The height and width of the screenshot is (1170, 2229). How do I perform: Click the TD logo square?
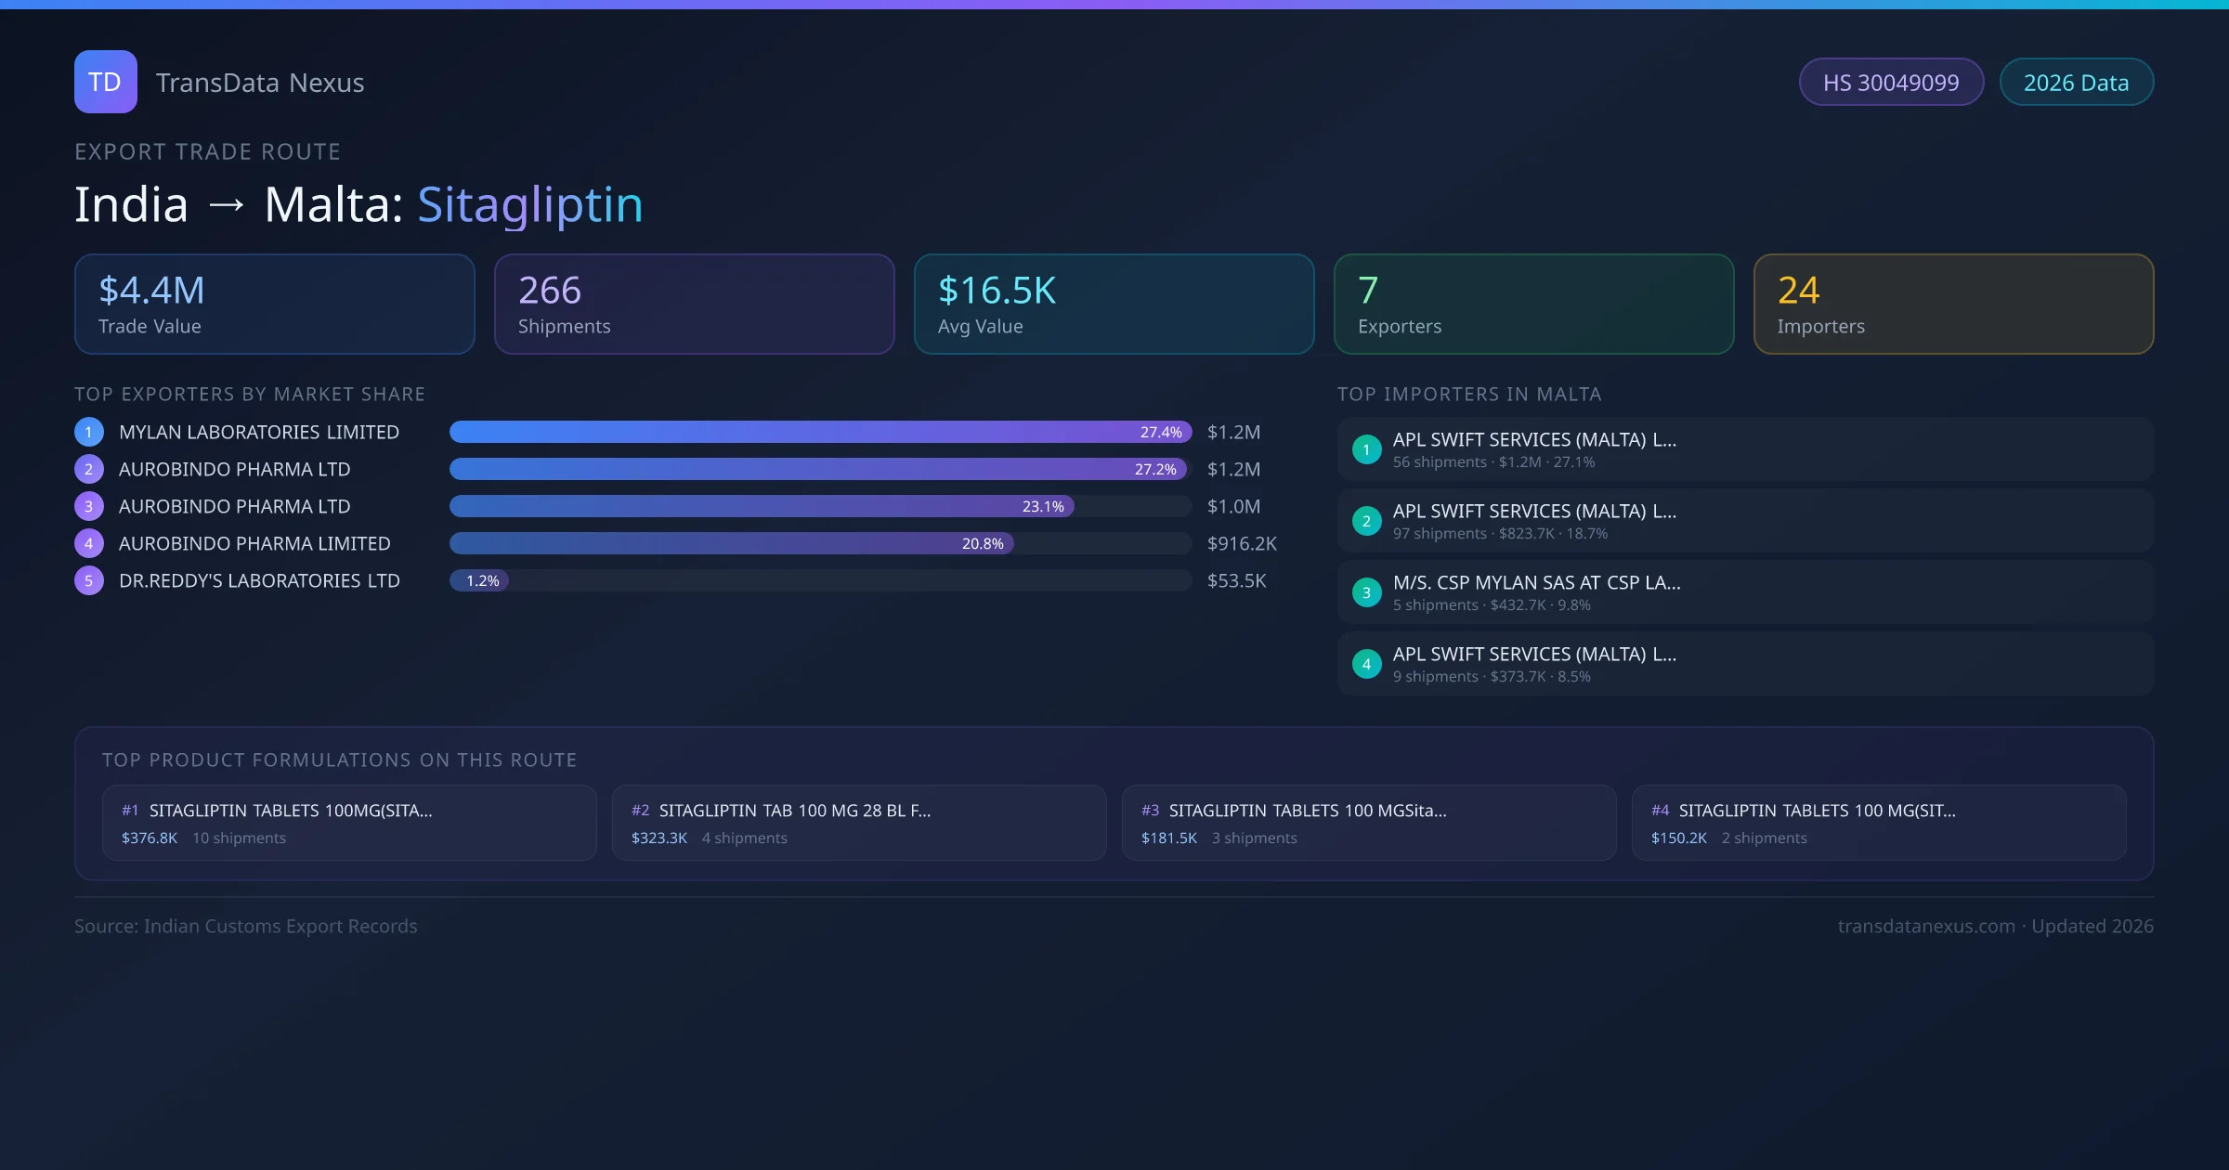tap(105, 82)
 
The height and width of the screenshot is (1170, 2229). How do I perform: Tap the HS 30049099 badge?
tap(1890, 83)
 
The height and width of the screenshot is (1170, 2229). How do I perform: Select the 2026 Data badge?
tap(2076, 83)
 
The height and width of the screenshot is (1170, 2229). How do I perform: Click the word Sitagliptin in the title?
tap(529, 204)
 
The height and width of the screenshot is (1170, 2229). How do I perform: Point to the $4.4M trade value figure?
tap(151, 291)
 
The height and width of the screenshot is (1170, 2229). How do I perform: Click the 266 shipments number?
tap(550, 291)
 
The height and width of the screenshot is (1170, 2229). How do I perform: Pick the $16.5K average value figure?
tap(997, 291)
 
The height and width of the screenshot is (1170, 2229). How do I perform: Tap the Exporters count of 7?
tap(1368, 291)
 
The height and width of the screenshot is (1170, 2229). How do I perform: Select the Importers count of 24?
tap(1798, 291)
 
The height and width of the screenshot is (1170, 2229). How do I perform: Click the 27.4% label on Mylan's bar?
tap(1161, 432)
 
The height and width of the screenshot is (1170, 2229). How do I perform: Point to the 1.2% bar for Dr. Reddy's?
tap(480, 580)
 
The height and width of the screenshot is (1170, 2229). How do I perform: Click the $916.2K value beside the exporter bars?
tap(1242, 543)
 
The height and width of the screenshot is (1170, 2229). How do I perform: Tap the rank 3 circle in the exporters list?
tap(89, 506)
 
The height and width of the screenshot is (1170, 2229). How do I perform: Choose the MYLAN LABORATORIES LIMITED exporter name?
tap(259, 432)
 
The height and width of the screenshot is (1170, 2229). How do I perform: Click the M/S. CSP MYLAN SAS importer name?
tap(1536, 582)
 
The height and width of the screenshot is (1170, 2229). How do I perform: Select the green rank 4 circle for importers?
tap(1366, 664)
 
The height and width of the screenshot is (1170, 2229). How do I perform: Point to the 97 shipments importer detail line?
tap(1500, 534)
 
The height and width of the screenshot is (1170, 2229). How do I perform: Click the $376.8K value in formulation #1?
tap(150, 838)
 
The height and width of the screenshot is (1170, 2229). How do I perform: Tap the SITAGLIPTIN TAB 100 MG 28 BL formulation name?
tap(794, 811)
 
